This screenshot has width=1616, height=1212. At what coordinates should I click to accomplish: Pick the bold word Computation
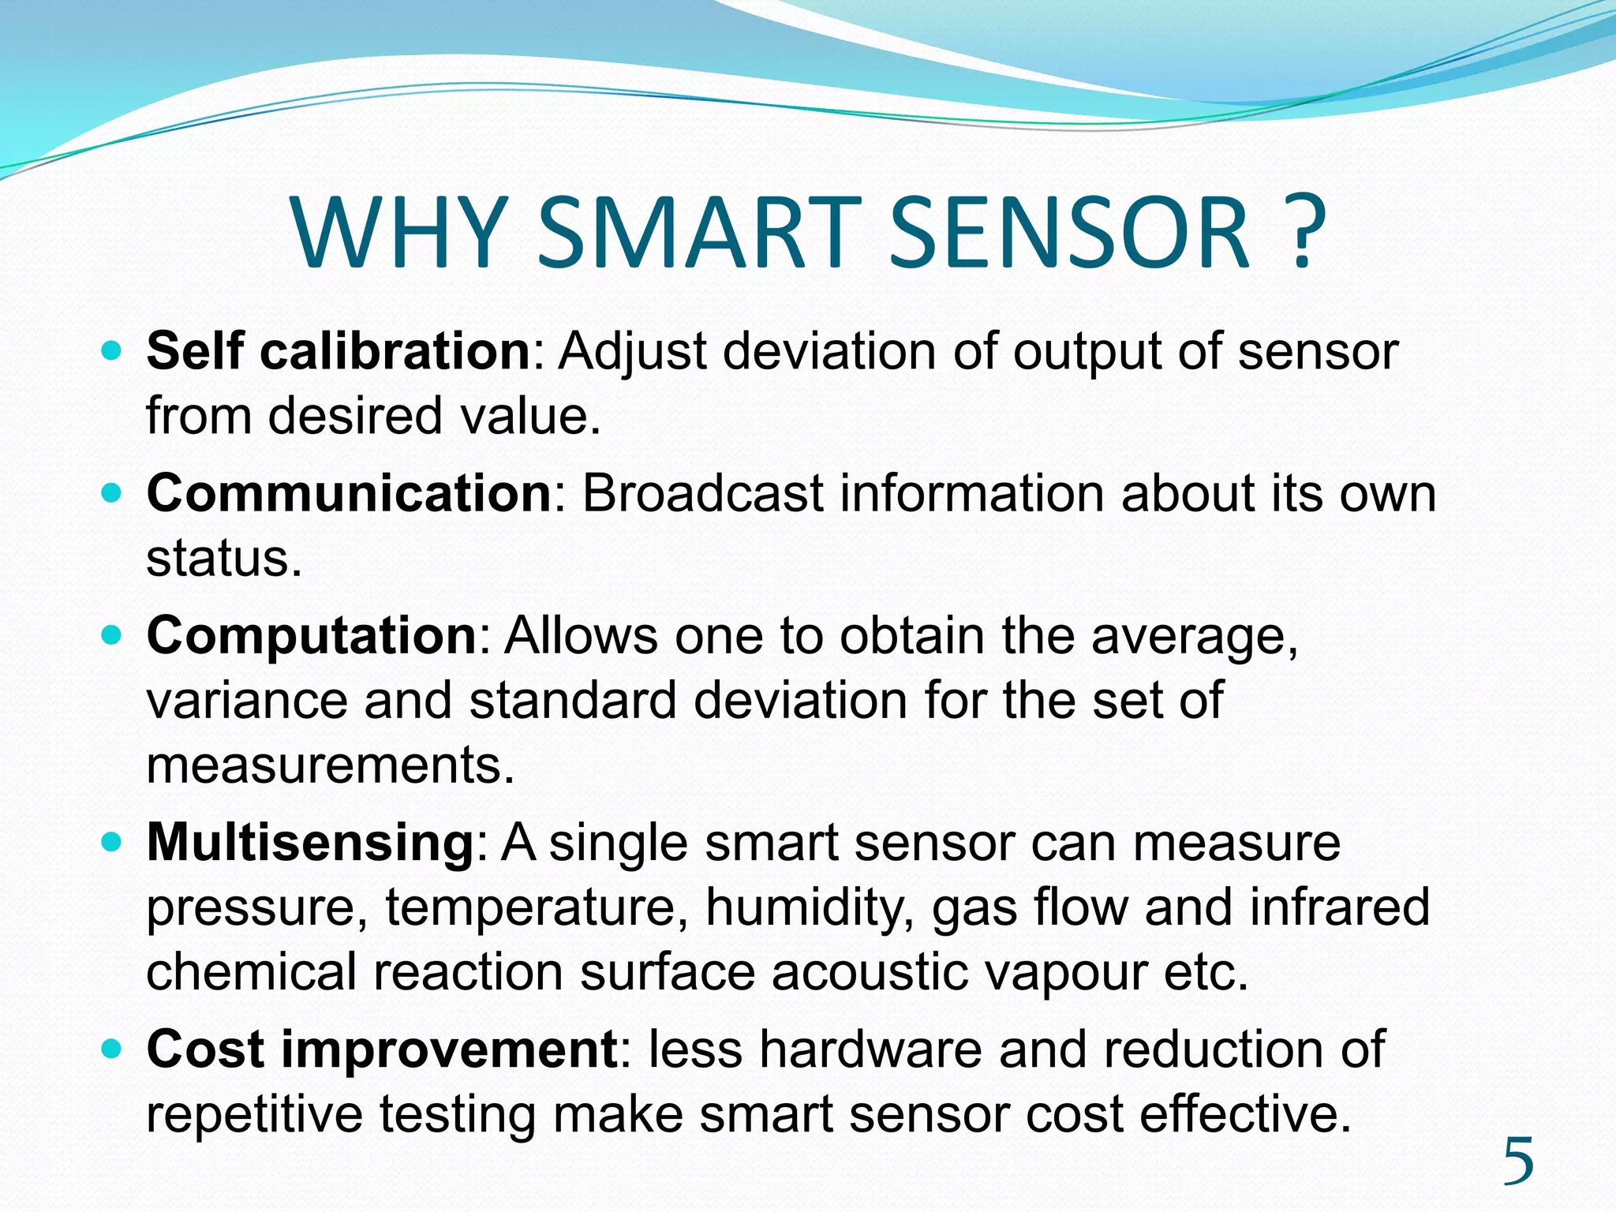(312, 635)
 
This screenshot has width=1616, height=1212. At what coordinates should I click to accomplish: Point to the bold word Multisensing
(310, 842)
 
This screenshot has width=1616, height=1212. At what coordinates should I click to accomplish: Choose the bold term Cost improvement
(382, 1049)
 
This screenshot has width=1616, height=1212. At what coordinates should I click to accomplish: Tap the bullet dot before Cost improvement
(113, 1049)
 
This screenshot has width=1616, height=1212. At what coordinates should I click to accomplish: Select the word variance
(247, 701)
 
